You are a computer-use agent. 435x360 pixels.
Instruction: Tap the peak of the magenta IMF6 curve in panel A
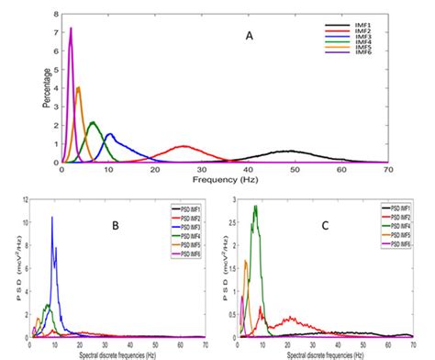(x=71, y=28)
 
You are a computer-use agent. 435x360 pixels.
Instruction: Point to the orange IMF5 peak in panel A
(x=79, y=87)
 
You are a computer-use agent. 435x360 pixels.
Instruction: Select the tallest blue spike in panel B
(x=52, y=217)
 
